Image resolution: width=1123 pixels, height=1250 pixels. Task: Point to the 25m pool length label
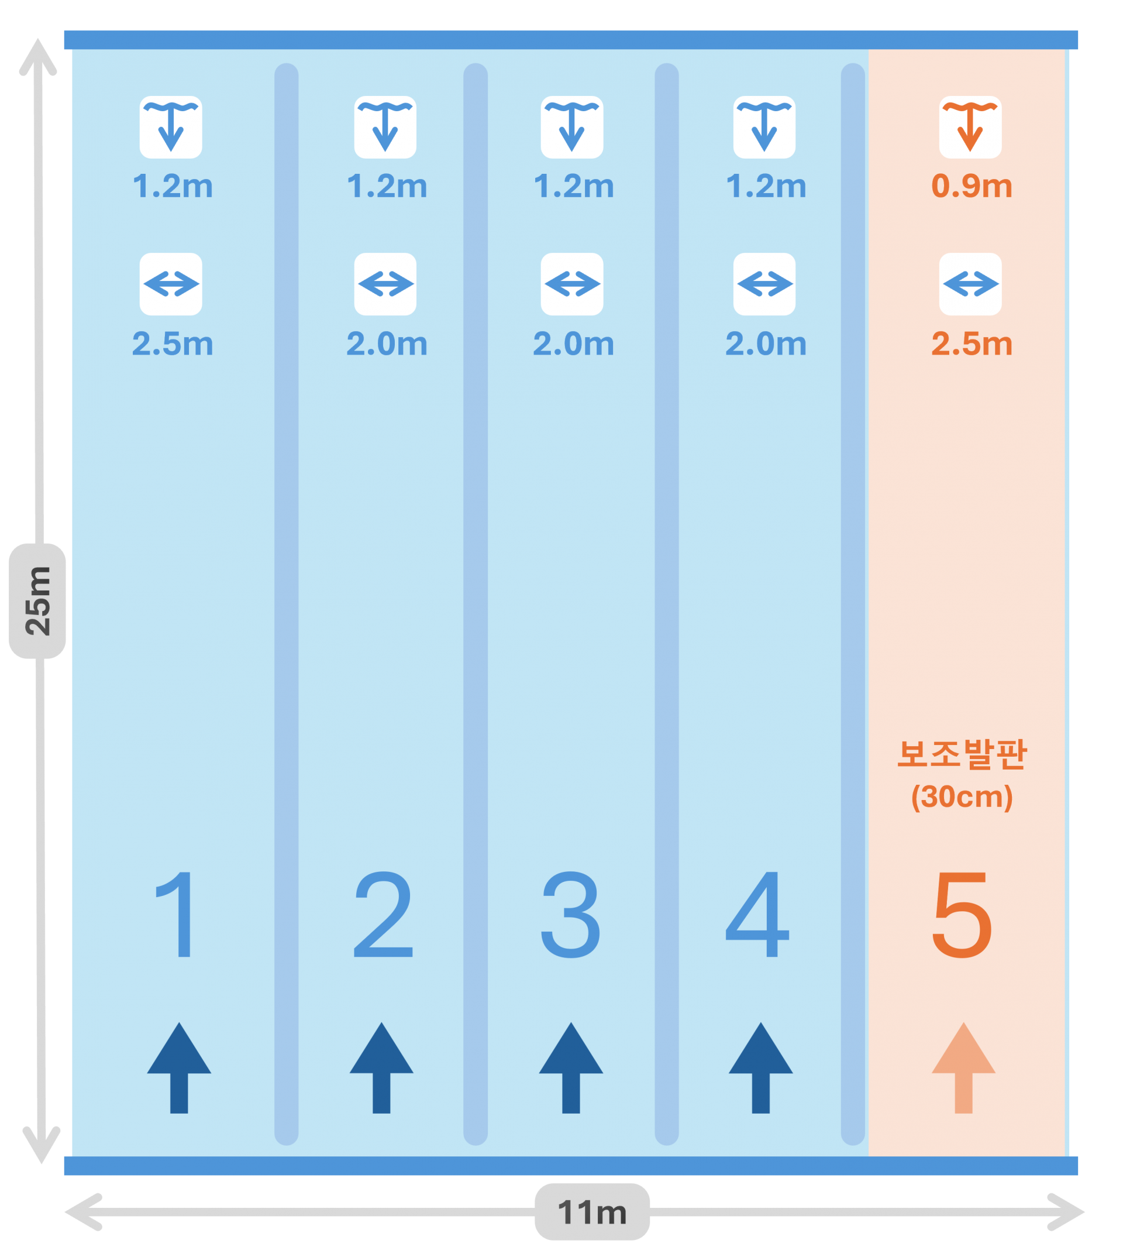coord(37,600)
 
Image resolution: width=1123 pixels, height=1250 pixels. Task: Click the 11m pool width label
coord(592,1212)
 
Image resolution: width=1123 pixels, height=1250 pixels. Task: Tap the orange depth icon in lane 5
coord(970,127)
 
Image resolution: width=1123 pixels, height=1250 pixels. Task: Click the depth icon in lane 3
coord(572,127)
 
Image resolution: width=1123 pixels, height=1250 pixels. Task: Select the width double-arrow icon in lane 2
coord(385,284)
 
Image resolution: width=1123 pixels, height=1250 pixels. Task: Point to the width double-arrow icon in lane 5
coord(970,284)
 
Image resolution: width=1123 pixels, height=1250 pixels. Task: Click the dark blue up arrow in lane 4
coord(760,1068)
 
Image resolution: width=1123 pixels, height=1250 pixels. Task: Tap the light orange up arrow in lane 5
coord(963,1068)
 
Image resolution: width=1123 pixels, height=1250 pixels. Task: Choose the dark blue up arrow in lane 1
coord(179,1068)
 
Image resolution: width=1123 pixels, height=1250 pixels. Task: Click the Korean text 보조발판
coord(962,754)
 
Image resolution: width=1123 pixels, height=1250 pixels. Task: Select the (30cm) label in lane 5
coord(962,796)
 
